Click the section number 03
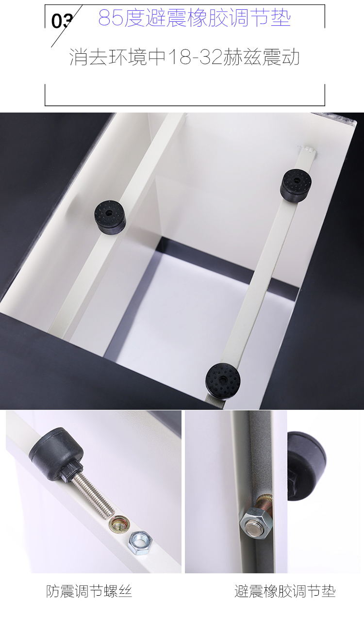pos(62,21)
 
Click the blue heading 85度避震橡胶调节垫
pos(195,18)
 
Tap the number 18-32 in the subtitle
pos(195,57)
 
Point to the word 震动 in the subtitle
pos(281,57)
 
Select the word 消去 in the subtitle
pos(88,57)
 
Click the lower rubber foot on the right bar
pos(223,378)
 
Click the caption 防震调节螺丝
pos(89,591)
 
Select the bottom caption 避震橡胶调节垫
pos(285,591)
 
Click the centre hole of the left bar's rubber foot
pos(109,213)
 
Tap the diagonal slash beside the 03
pos(67,26)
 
